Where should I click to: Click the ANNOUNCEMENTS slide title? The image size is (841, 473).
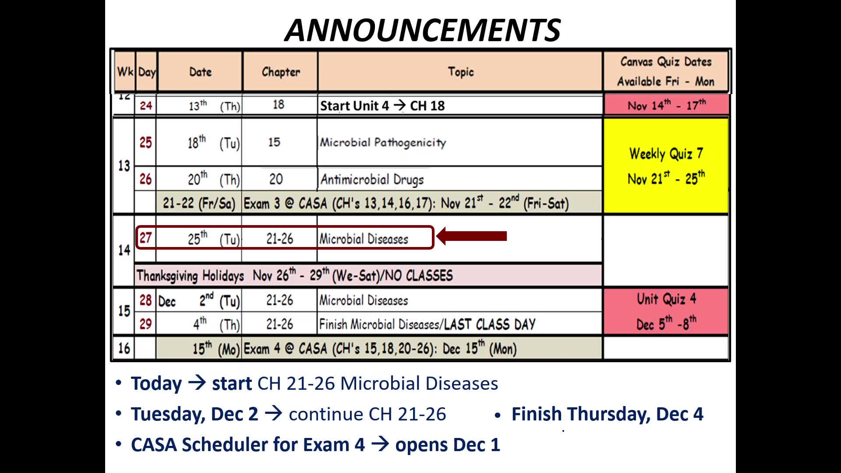423,30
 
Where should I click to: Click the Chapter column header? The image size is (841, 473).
281,72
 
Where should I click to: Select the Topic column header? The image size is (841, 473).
461,72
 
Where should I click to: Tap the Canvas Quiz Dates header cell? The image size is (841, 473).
666,71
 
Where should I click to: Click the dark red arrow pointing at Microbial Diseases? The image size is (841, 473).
472,236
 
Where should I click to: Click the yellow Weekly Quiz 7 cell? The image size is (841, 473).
666,166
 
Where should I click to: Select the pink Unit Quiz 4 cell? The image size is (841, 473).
666,311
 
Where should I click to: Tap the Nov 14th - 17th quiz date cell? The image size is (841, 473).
666,105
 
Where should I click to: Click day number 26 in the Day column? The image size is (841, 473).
145,179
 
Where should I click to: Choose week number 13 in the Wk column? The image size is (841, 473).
124,166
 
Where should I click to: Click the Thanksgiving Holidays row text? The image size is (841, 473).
294,275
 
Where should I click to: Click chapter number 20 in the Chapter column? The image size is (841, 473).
276,179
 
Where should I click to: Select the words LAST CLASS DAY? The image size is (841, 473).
490,324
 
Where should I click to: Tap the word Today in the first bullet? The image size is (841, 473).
156,383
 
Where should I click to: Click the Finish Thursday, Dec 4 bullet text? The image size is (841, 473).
607,414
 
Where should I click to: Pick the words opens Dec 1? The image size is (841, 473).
448,445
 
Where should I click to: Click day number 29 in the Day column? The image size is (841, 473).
145,324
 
